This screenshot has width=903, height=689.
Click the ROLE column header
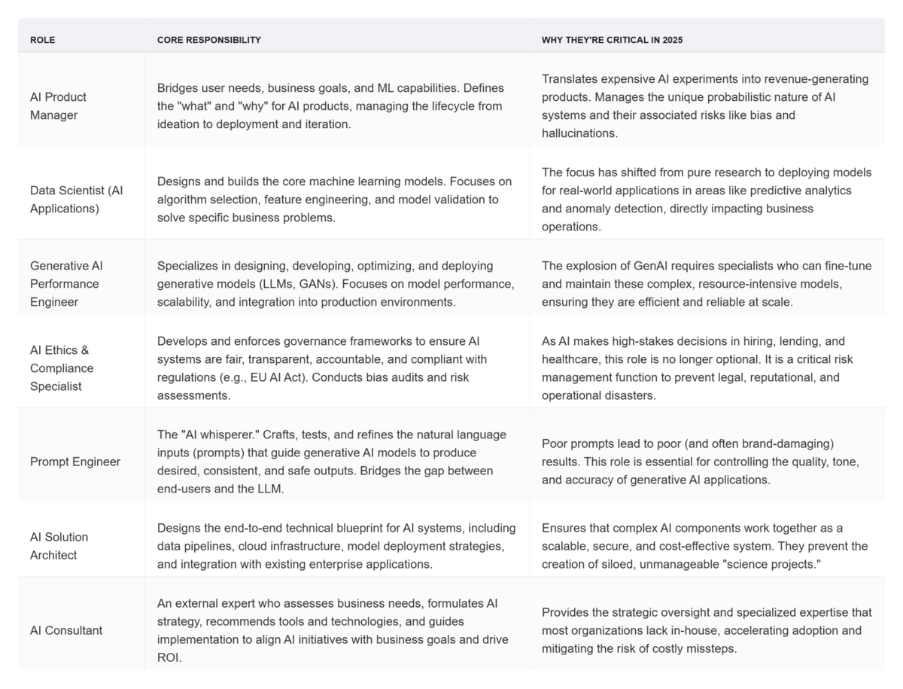42,40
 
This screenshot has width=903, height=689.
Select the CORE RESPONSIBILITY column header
209,40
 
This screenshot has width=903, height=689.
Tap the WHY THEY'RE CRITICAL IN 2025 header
612,40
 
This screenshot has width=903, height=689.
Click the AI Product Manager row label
58,106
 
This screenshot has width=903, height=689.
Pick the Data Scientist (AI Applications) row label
76,200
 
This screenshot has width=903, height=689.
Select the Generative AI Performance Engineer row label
66,284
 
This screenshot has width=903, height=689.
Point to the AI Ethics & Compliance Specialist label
62,368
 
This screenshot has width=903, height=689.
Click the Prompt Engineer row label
74,462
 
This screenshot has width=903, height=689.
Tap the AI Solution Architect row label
59,546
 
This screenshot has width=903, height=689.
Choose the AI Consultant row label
66,630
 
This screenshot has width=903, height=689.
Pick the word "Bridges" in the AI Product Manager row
178,88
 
